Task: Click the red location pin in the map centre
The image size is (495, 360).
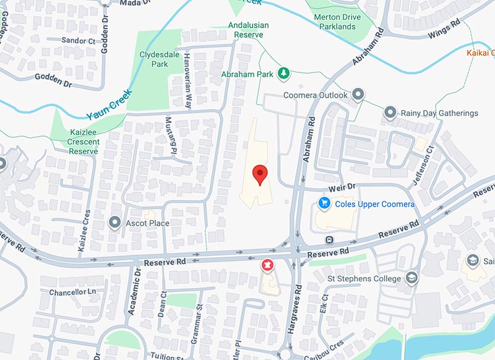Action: click(x=260, y=174)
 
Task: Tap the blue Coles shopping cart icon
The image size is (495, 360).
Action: click(x=323, y=203)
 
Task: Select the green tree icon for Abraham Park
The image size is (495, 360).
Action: click(x=284, y=74)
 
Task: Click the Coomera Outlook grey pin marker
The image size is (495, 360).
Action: click(x=358, y=95)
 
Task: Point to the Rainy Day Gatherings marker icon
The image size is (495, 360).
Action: click(x=390, y=113)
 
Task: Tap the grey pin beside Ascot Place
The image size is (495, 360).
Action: click(x=114, y=223)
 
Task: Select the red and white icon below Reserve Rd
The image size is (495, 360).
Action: click(x=267, y=265)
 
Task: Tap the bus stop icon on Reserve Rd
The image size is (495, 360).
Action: click(x=329, y=240)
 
